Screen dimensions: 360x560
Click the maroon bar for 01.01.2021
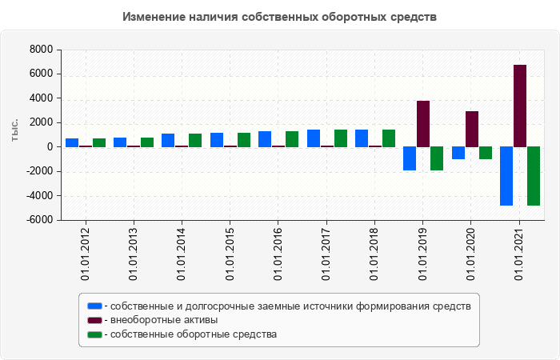[520, 106]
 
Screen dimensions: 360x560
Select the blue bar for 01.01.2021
[506, 176]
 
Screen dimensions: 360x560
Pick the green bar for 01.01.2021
[534, 176]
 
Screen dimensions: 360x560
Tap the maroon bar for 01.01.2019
[423, 124]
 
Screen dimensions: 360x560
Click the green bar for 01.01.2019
[437, 158]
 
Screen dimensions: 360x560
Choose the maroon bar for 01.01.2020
[472, 129]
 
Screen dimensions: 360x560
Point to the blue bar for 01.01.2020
[458, 153]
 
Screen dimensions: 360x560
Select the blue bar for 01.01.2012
[72, 142]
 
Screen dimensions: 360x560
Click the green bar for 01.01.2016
[292, 139]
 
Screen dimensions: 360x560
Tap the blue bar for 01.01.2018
[362, 138]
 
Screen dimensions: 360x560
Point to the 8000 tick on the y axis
[41, 50]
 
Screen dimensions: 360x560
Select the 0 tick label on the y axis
[50, 147]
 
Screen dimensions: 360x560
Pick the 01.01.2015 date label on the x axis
[230, 255]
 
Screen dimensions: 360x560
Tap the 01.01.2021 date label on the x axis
[520, 255]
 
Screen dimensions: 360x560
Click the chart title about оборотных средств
[280, 17]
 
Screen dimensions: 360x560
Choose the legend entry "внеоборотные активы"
[165, 320]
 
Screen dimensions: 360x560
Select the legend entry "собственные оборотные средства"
[194, 334]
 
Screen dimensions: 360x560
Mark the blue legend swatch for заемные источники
[94, 306]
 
